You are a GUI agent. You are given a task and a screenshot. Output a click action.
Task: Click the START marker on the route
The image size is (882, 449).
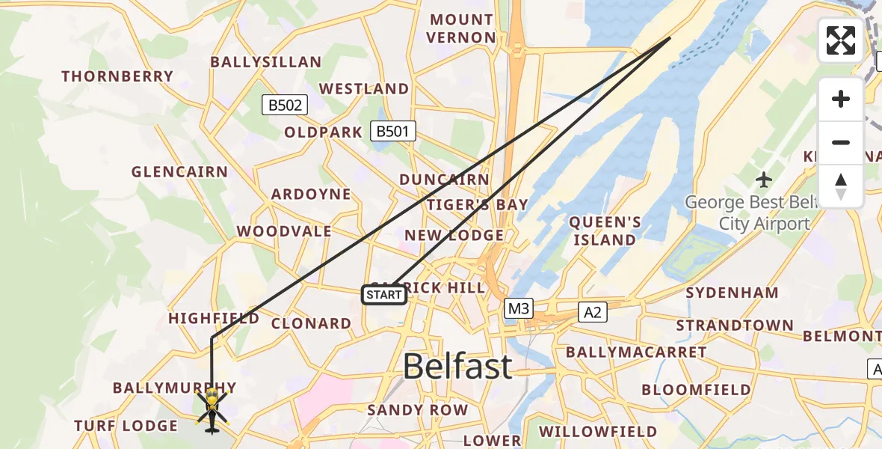pyautogui.click(x=384, y=295)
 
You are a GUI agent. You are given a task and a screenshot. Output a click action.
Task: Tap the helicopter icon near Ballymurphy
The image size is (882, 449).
pyautogui.click(x=212, y=410)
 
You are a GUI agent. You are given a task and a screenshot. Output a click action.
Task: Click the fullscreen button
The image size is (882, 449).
pyautogui.click(x=841, y=40)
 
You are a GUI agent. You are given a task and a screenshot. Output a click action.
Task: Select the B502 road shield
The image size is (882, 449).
pyautogui.click(x=286, y=106)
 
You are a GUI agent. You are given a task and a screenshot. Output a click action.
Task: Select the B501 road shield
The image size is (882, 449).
pyautogui.click(x=393, y=132)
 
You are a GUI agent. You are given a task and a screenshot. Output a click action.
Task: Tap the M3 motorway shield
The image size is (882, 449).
pyautogui.click(x=517, y=308)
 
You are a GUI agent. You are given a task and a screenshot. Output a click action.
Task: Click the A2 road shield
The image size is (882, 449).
pyautogui.click(x=593, y=312)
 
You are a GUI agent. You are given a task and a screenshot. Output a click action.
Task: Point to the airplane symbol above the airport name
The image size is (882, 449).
pyautogui.click(x=763, y=180)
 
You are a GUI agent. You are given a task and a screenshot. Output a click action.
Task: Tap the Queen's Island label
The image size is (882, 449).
pyautogui.click(x=604, y=231)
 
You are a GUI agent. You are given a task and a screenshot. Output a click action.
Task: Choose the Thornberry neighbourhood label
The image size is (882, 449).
pyautogui.click(x=117, y=76)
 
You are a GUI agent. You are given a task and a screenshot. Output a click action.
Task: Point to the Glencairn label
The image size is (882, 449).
pyautogui.click(x=179, y=172)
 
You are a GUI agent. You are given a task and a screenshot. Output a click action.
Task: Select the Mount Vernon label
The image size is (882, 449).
pyautogui.click(x=460, y=28)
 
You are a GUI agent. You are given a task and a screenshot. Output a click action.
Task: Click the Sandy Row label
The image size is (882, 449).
pyautogui.click(x=417, y=410)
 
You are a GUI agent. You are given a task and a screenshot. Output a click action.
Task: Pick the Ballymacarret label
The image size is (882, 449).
pyautogui.click(x=636, y=352)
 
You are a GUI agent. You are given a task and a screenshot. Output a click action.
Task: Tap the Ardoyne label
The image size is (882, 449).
pyautogui.click(x=311, y=195)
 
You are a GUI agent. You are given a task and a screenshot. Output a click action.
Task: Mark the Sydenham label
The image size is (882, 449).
pyautogui.click(x=732, y=293)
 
